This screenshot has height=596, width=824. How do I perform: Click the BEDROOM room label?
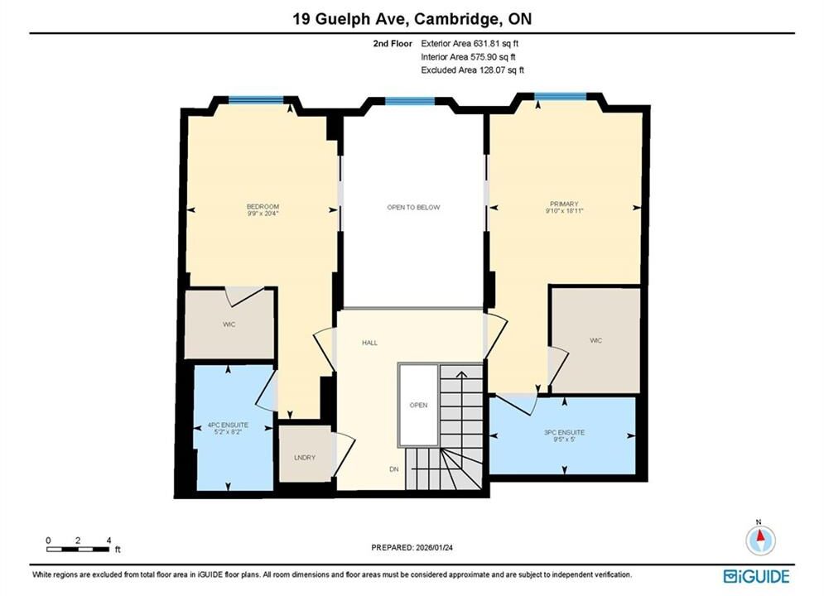click(263, 206)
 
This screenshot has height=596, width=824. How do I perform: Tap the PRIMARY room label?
click(564, 204)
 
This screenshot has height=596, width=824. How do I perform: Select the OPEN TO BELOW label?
click(413, 208)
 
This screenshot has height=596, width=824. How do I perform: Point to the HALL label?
click(369, 343)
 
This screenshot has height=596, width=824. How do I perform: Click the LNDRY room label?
click(305, 458)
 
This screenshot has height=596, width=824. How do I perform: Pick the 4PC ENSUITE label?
click(228, 425)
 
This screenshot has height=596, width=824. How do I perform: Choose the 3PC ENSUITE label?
click(565, 432)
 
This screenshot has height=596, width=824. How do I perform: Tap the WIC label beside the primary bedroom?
click(595, 341)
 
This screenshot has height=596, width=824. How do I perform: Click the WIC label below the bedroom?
click(229, 324)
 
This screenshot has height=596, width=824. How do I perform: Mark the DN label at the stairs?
click(394, 469)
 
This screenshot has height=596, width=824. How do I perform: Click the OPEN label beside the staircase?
click(418, 405)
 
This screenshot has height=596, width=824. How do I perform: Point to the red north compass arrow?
click(760, 536)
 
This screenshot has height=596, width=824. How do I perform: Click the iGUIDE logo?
click(756, 577)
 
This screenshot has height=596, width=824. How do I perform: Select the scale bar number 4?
click(108, 541)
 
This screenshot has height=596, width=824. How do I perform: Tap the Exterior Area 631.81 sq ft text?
click(470, 44)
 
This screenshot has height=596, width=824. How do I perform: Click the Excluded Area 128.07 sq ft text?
click(472, 70)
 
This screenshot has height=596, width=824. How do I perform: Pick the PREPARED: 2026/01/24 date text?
click(412, 547)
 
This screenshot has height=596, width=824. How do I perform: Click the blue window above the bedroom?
click(256, 100)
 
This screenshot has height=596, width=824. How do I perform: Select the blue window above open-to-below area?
click(410, 101)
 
